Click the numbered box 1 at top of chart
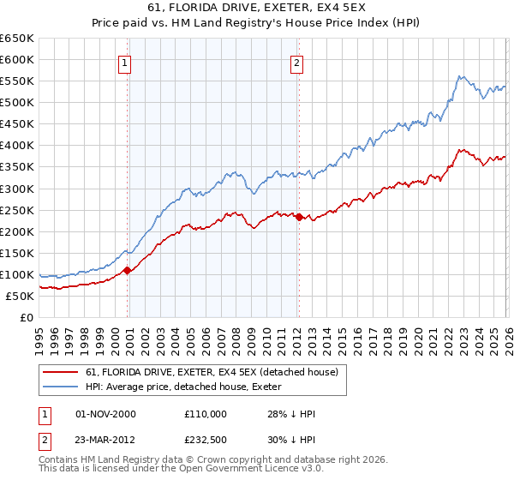125,63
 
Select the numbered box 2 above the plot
296,63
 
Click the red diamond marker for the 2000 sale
128,270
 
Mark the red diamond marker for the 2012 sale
299,218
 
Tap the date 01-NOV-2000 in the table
105,414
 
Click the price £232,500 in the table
205,440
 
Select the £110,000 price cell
205,414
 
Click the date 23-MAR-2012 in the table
105,440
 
